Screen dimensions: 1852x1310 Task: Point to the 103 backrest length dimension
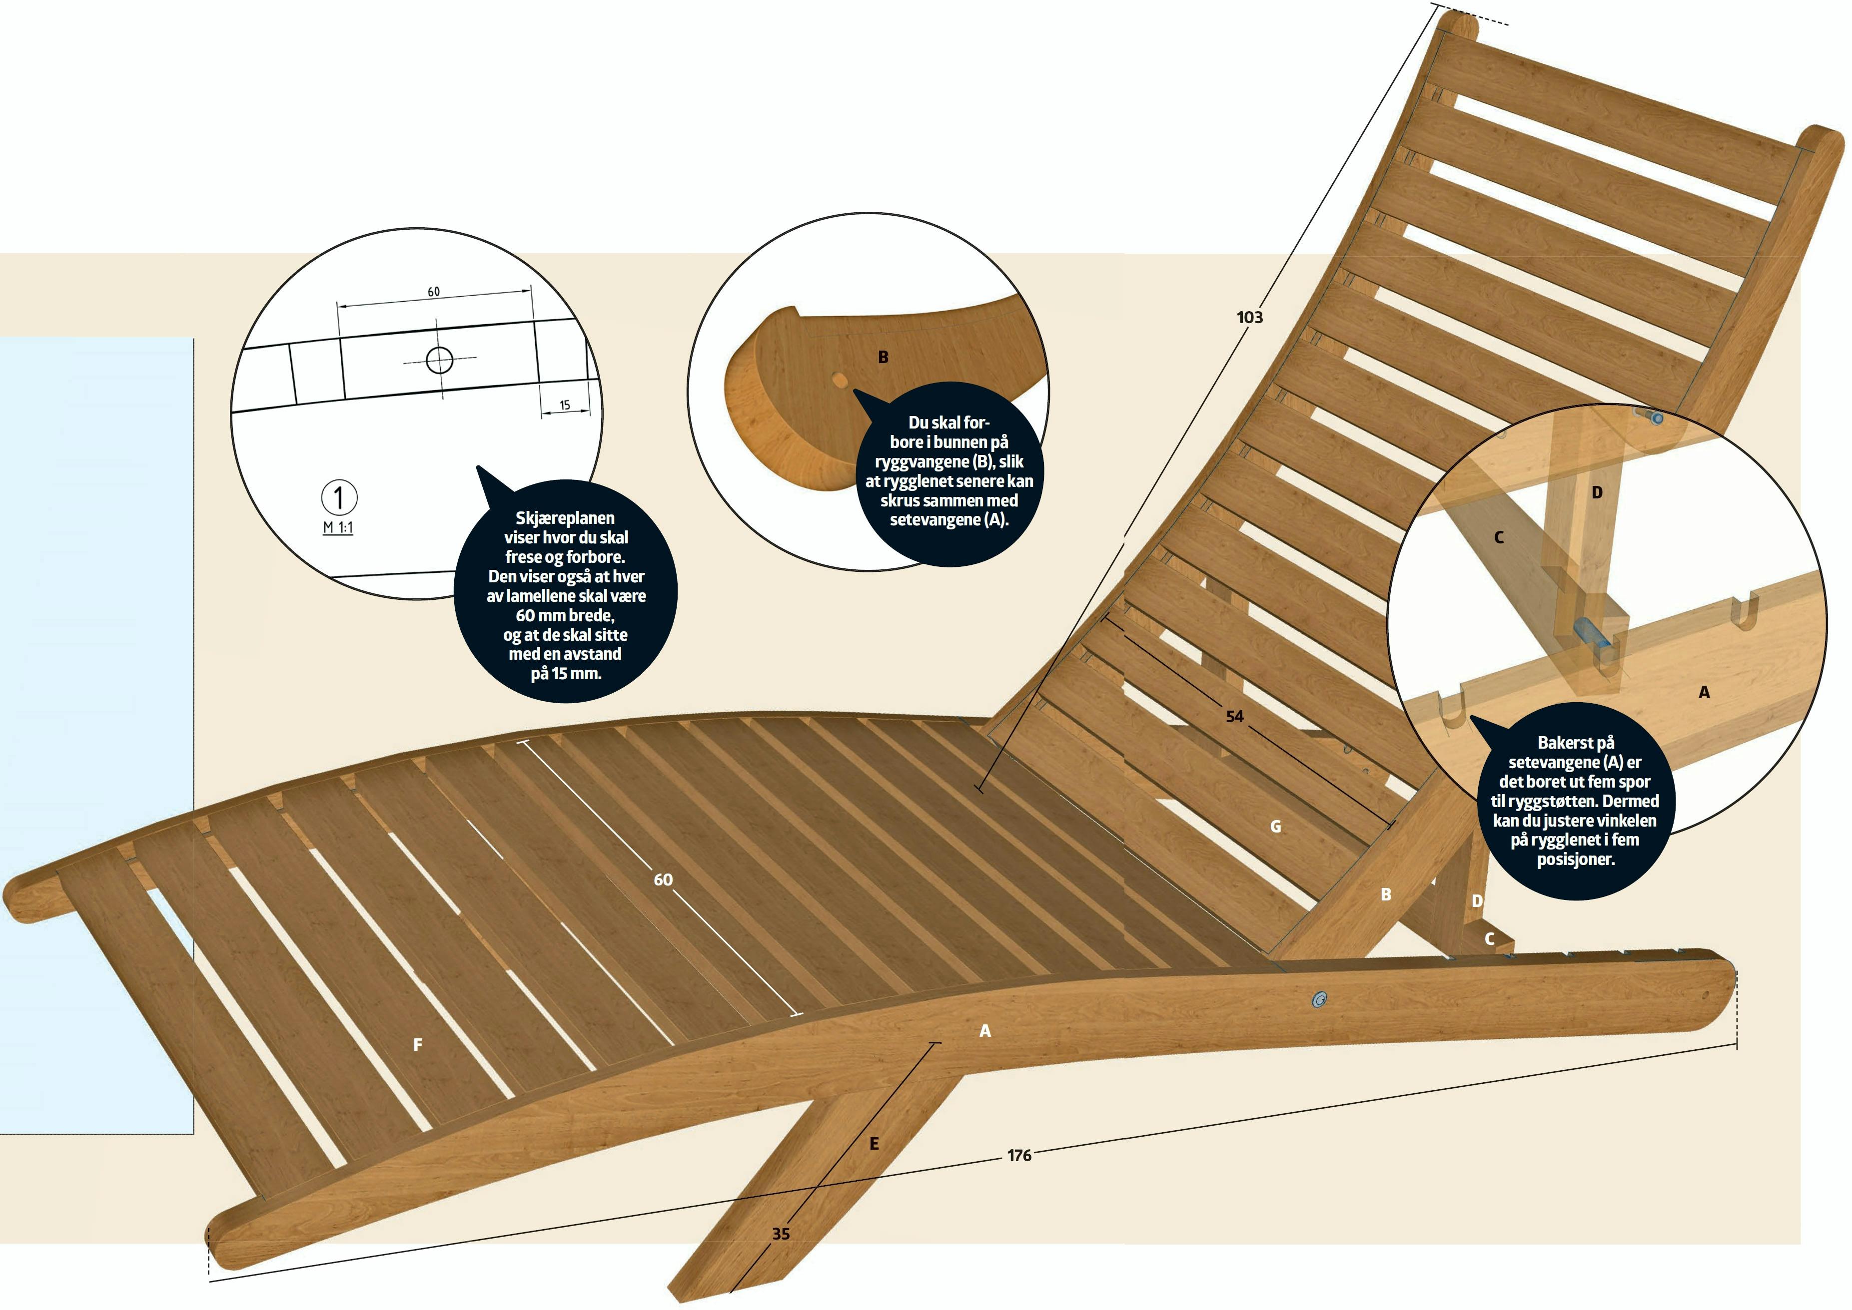(1249, 318)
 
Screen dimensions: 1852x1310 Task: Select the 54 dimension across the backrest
(1235, 716)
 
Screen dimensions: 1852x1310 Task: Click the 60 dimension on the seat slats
(663, 880)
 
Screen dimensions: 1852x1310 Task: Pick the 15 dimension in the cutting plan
(565, 405)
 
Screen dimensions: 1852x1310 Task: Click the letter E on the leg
(874, 1144)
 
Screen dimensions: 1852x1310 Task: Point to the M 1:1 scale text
(338, 527)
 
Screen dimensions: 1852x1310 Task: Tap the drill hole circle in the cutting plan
(440, 360)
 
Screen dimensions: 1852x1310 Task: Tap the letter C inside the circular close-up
(1499, 537)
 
